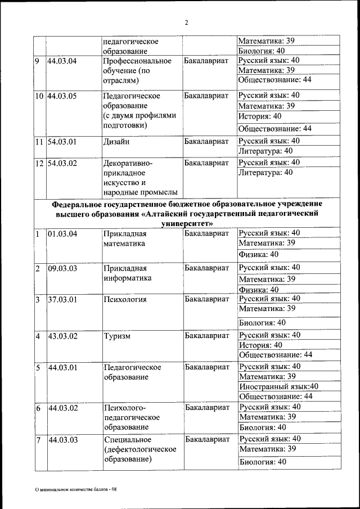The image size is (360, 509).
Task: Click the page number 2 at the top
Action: [186, 22]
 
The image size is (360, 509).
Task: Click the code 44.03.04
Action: [62, 61]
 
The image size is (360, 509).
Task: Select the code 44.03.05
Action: [62, 96]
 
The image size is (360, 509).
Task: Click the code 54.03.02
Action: [62, 163]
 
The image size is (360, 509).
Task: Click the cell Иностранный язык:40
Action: [278, 386]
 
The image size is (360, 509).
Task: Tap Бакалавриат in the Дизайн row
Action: [206, 142]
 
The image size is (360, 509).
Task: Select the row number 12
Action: [39, 163]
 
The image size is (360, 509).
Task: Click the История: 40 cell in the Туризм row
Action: [260, 345]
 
